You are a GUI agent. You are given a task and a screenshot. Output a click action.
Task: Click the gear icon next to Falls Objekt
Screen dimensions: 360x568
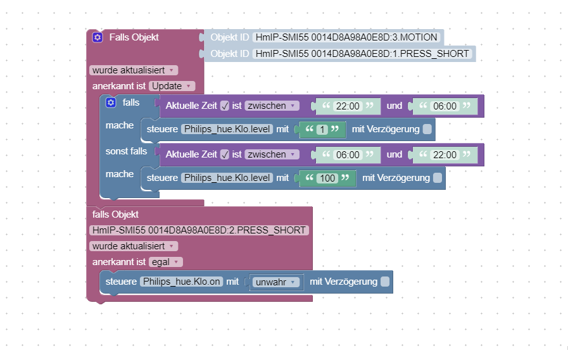(x=97, y=37)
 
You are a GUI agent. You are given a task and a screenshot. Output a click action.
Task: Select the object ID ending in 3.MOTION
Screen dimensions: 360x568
(x=346, y=37)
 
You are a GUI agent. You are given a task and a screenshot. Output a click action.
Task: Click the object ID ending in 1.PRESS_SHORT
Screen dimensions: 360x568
(x=362, y=54)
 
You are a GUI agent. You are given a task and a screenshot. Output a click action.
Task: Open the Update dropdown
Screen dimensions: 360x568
(x=172, y=86)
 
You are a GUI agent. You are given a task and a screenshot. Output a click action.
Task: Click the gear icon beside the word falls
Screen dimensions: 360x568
(x=111, y=102)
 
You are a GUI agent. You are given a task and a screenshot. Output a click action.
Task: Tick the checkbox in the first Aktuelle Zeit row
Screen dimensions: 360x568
(x=225, y=106)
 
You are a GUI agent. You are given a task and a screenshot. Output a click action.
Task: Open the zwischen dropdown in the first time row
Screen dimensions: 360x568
(x=273, y=106)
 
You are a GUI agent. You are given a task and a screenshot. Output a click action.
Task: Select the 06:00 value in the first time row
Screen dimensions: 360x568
(x=445, y=106)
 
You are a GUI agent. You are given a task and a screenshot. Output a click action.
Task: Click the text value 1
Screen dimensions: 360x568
(x=322, y=130)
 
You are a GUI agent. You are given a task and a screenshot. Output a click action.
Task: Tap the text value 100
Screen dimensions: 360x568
(x=327, y=178)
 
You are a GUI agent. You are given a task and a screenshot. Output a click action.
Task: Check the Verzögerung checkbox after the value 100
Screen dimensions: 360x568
(x=438, y=178)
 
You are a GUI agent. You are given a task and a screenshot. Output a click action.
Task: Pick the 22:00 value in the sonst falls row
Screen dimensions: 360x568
(x=445, y=154)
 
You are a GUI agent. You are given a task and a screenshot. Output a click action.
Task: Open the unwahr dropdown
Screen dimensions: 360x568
(x=276, y=282)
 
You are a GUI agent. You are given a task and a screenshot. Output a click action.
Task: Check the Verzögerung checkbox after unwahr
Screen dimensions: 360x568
(x=385, y=282)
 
